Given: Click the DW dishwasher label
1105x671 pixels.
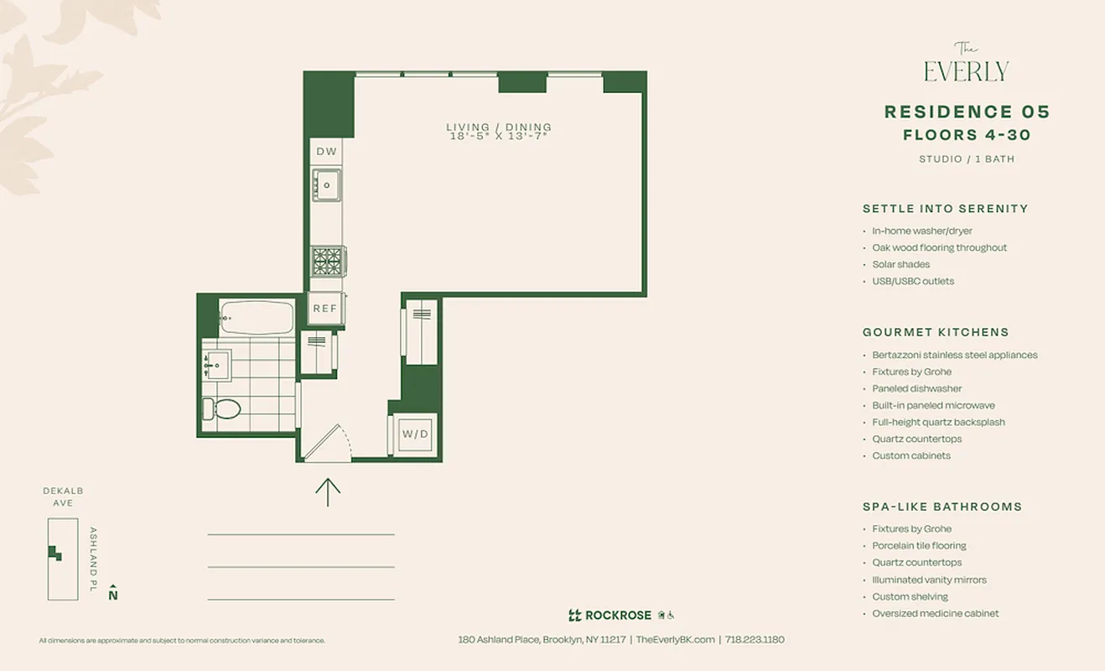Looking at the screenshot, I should point(326,152).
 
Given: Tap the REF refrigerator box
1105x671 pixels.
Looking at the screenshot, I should point(324,308).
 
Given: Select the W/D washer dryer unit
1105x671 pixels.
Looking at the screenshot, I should point(415,434).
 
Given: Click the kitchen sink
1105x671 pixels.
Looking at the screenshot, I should point(326,185).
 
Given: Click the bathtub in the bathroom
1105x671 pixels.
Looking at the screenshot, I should point(257,318).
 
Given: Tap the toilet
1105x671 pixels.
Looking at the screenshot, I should point(222,408).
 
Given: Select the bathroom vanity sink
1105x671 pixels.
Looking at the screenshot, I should point(216,365).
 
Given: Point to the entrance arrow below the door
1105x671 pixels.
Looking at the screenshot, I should point(328,492).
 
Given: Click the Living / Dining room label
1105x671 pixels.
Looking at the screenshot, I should point(499,132).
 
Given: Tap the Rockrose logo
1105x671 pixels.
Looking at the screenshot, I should point(610,615).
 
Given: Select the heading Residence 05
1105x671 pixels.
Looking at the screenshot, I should point(967,112).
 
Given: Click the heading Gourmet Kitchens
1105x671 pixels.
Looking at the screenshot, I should point(936,332).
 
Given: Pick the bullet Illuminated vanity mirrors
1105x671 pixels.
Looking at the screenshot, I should point(929,580).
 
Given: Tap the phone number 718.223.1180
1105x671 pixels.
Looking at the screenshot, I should point(755,639).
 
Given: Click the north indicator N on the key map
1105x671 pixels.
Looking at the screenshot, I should point(113,594).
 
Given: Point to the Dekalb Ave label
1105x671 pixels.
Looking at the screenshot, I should point(63,497).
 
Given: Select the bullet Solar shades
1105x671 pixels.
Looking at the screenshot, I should point(900,264).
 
